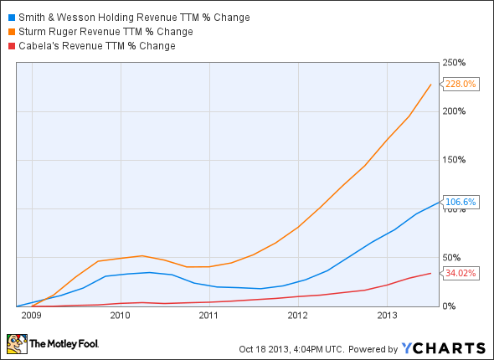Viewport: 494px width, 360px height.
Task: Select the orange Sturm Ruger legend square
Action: tap(8, 32)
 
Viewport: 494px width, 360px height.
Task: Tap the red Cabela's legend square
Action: tap(8, 46)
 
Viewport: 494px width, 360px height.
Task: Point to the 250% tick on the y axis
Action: tap(454, 63)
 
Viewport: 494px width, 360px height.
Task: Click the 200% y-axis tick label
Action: tap(454, 111)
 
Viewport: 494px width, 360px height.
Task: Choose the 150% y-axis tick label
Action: tap(454, 160)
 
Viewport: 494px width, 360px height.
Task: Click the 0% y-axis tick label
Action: tap(449, 306)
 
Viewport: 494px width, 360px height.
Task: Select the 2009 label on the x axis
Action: tap(30, 316)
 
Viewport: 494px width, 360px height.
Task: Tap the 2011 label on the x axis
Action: tap(208, 316)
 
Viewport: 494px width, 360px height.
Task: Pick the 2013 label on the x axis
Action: tap(387, 316)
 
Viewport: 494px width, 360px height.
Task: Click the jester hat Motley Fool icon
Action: tap(16, 343)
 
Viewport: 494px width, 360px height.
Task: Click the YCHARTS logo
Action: tap(443, 347)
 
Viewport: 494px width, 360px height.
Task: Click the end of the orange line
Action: tap(432, 84)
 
